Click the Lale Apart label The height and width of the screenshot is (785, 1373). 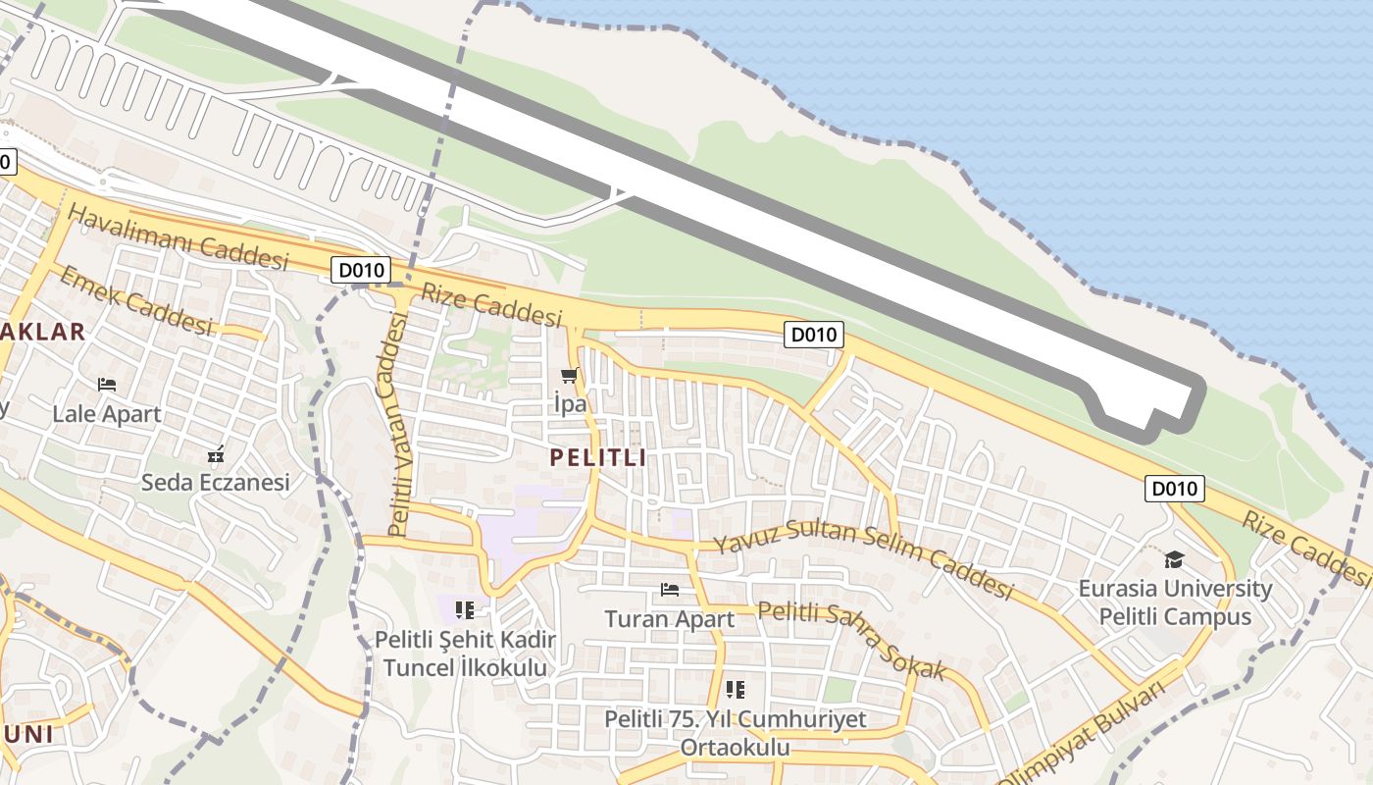point(107,414)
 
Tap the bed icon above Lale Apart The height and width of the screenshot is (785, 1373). point(107,384)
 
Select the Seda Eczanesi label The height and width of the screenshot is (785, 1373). point(216,483)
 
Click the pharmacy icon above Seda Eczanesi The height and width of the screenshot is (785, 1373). point(216,454)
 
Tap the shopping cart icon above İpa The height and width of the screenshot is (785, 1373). point(569,376)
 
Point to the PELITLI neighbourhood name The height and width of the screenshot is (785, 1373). point(598,457)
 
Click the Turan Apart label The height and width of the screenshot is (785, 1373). point(669,619)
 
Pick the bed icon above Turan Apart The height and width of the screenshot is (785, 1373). point(670,589)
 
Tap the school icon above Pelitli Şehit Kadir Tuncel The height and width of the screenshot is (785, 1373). point(465,610)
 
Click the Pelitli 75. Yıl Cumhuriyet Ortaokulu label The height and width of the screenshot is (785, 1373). point(736,733)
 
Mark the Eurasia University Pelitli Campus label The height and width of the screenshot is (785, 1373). point(1175,602)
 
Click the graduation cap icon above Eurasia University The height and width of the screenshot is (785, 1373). point(1174,560)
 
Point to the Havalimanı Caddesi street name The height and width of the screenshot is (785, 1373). point(178,238)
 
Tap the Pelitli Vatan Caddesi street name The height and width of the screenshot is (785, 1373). point(397,424)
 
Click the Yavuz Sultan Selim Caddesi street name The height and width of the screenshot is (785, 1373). point(862,560)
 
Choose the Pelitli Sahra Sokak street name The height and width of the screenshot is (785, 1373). point(851,640)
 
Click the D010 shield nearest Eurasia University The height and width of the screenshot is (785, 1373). point(1174,489)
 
